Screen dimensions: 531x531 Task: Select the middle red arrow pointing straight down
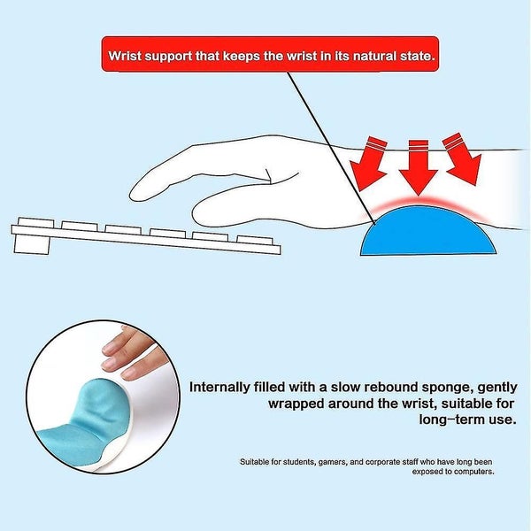tap(419, 167)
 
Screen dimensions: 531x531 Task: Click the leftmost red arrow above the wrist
tap(369, 163)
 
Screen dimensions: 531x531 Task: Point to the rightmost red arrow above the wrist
tap(463, 158)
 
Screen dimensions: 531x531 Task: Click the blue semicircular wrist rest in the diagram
tap(428, 232)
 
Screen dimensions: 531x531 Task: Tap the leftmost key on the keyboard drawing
tap(35, 222)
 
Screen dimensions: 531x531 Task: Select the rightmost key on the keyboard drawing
tap(255, 240)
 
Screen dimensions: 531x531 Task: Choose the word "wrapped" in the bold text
tap(296, 404)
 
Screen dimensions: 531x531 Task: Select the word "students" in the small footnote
tap(299, 462)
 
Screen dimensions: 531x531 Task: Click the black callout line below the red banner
tap(331, 148)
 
